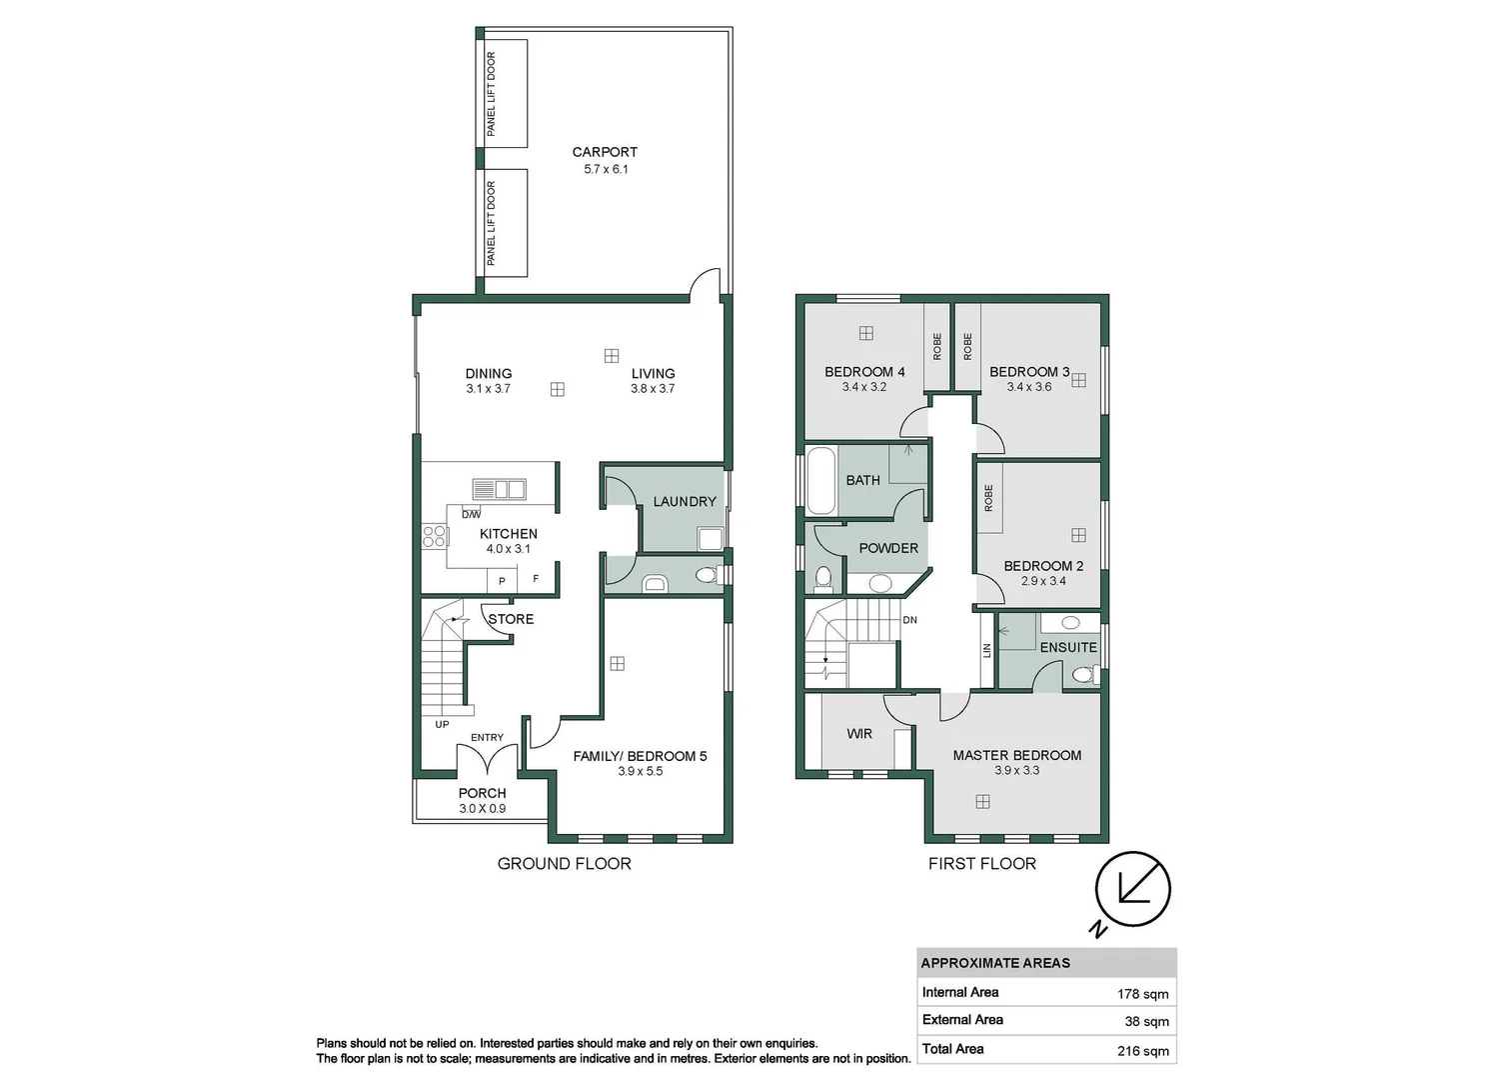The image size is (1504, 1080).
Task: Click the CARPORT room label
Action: coord(605,152)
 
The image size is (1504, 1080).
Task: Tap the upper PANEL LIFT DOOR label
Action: coord(491,94)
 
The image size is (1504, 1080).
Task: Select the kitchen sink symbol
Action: coord(499,489)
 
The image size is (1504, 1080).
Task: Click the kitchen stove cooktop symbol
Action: coord(434,536)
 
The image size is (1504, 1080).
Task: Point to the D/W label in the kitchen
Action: coord(471,514)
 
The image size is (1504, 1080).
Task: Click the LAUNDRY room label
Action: coord(685,501)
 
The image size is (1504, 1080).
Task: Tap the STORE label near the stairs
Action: coord(511,619)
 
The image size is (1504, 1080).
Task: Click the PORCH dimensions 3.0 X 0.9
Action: coord(483,809)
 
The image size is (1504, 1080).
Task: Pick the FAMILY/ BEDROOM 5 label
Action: coord(640,756)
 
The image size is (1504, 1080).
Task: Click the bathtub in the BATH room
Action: coord(820,480)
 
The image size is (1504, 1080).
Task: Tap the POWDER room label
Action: coord(888,548)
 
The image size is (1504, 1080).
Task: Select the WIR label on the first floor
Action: coord(859,733)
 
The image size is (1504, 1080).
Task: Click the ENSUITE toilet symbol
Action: coord(1082,676)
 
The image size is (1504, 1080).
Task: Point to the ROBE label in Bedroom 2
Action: coord(988,498)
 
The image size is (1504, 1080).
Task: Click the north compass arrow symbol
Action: coord(1132,887)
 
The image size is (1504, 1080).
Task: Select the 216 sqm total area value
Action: coord(1143,1051)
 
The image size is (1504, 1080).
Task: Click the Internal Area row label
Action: coord(960,992)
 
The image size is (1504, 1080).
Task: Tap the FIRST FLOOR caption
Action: coord(981,863)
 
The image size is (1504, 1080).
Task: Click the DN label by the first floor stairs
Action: coord(909,620)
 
